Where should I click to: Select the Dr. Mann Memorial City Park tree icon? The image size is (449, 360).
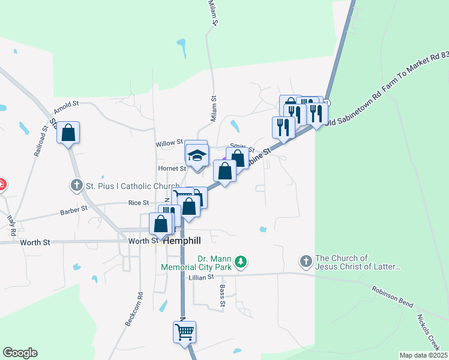tap(241, 261)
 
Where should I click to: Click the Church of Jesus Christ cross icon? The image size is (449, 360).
tap(306, 261)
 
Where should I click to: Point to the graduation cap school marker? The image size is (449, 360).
tap(196, 155)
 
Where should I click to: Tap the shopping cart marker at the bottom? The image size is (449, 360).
tap(185, 331)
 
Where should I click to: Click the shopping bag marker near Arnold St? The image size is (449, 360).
tap(68, 133)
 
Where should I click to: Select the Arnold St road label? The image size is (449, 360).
tap(66, 107)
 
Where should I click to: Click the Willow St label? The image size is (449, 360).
tap(169, 143)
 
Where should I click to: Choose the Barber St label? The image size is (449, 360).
tap(74, 211)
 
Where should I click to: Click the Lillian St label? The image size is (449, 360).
tap(200, 278)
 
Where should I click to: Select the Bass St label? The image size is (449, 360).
tap(221, 298)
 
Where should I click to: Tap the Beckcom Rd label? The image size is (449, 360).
tap(134, 309)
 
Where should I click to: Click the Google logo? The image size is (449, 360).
tap(20, 353)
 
